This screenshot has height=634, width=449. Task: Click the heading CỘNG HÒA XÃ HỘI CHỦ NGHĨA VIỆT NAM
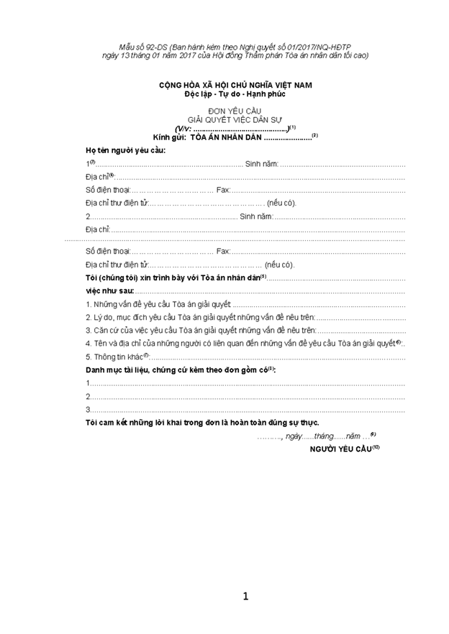(x=236, y=86)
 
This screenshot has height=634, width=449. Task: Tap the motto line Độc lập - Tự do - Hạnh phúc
(x=236, y=94)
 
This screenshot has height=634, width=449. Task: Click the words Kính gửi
(x=170, y=137)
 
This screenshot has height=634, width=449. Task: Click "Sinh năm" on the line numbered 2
(x=255, y=216)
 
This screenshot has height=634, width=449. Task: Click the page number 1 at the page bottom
(x=245, y=596)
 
